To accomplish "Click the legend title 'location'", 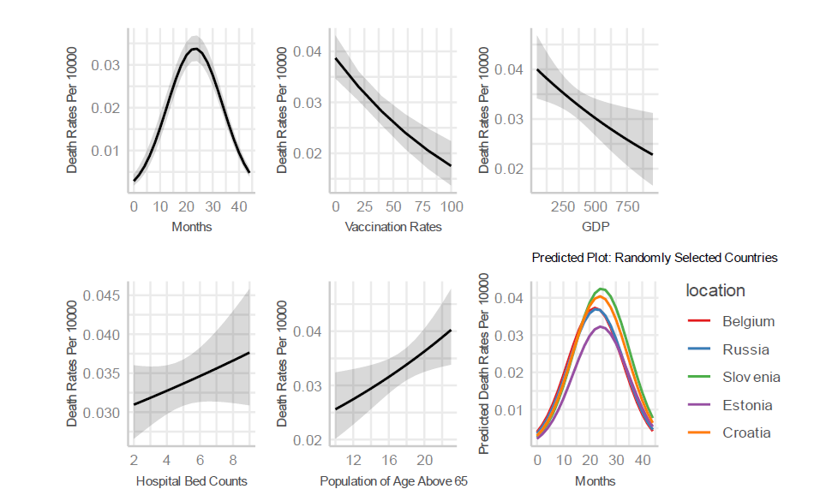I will [715, 291].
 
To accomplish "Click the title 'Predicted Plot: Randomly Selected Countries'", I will [655, 257].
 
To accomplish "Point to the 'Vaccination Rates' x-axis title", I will [392, 227].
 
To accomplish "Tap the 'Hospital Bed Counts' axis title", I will [192, 481].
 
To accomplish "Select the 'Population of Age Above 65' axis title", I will [393, 481].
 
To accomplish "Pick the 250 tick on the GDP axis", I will [563, 207].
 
